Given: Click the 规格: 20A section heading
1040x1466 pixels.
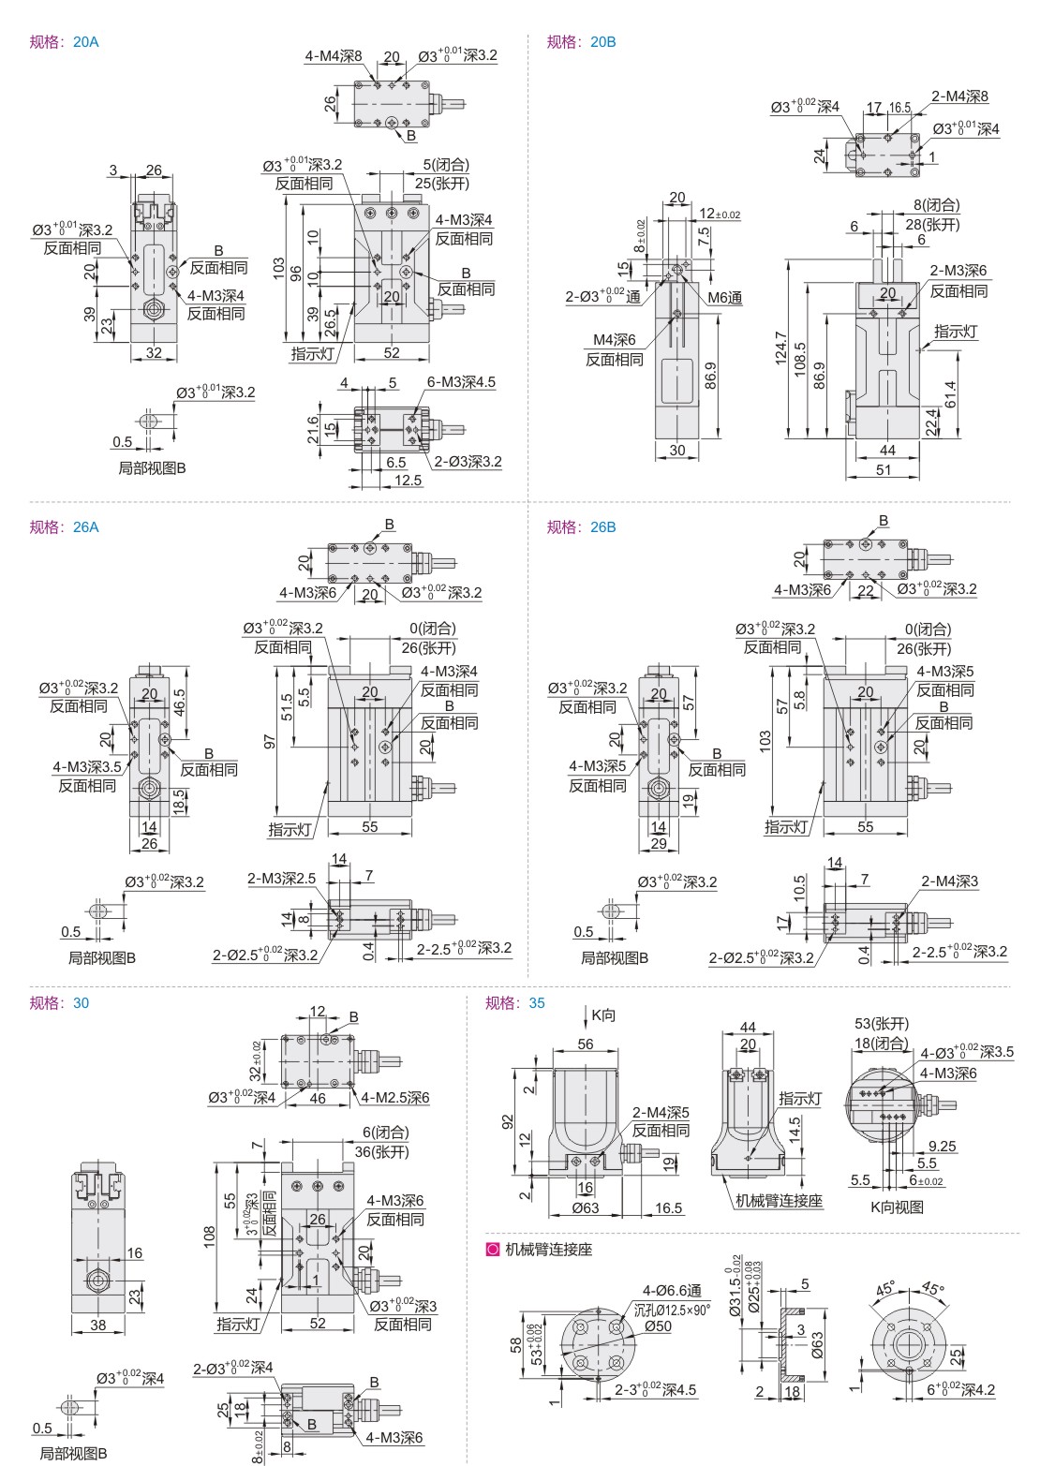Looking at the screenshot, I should click(x=65, y=42).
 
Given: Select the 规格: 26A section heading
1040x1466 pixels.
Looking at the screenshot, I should click(x=65, y=526).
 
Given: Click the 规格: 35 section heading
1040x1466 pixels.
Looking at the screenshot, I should click(x=514, y=1003).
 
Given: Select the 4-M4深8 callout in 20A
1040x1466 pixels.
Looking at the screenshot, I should click(x=334, y=56).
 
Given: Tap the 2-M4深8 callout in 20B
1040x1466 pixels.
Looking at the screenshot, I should click(x=959, y=96).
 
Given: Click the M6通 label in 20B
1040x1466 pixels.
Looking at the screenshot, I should click(x=724, y=298).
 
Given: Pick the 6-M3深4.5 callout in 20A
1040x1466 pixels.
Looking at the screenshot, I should click(x=461, y=381).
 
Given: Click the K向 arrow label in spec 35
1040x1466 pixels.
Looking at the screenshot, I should click(x=602, y=1014).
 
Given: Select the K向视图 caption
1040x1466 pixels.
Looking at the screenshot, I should click(x=896, y=1207).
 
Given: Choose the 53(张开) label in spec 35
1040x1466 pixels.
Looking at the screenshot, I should click(x=882, y=1023).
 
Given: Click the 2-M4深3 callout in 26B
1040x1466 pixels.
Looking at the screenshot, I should click(x=949, y=881).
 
